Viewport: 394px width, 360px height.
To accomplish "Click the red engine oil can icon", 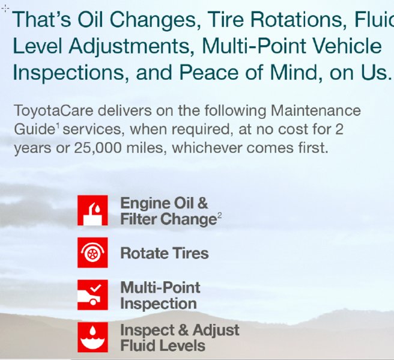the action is tap(92, 210).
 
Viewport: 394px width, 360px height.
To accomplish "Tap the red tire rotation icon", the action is tap(92, 252).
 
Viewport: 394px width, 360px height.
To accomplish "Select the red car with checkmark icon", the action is tap(92, 294).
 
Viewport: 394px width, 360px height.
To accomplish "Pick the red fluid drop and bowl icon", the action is tap(92, 337).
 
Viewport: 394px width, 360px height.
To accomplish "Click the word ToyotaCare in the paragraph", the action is tap(53, 111).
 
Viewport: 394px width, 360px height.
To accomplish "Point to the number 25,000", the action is tap(98, 148).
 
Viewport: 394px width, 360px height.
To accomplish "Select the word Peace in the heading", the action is tap(209, 72).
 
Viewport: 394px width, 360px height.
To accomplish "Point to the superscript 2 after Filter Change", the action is tap(220, 215).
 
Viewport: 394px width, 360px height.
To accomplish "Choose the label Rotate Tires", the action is tap(165, 253).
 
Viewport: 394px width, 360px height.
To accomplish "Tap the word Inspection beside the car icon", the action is tap(159, 304).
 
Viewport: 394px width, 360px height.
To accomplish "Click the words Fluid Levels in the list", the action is tap(163, 346).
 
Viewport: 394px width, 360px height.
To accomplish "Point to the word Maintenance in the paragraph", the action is tap(315, 111).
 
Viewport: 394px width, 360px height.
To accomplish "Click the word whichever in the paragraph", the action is tap(207, 148).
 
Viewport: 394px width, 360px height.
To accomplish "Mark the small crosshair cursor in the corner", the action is tap(5, 9).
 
